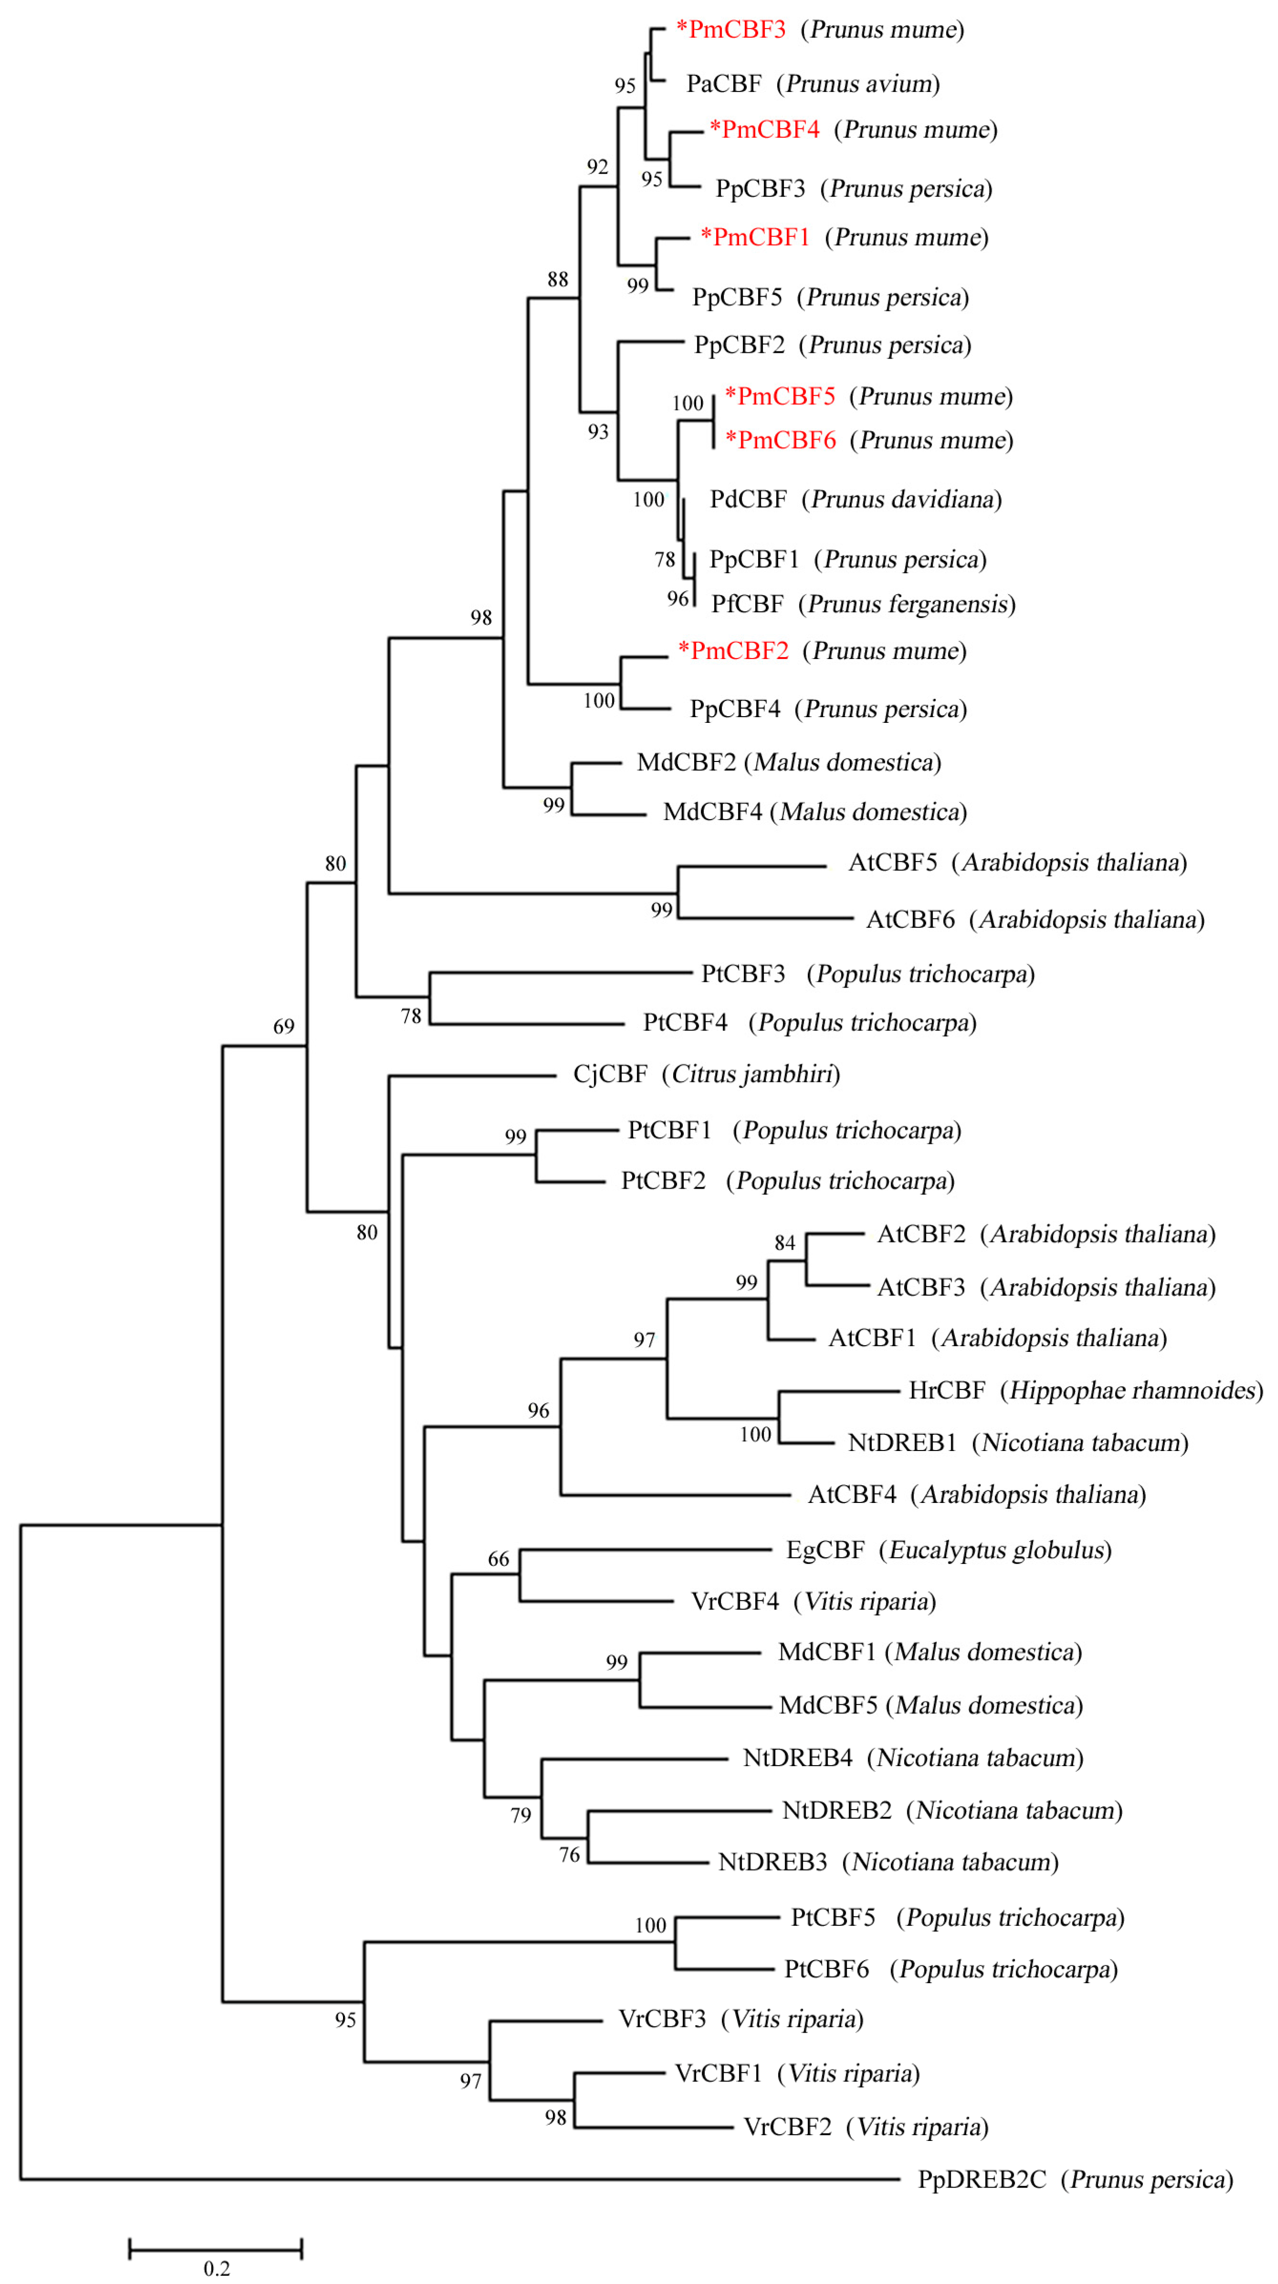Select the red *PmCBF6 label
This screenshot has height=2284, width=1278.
780,441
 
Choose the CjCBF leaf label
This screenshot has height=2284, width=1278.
610,1074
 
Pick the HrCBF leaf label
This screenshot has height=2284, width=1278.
946,1390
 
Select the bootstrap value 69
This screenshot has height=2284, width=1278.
284,1027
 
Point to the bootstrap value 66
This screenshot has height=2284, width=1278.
499,1559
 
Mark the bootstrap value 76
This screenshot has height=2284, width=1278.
570,1855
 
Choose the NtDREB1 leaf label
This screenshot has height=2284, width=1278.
902,1442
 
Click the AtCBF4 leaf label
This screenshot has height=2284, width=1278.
852,1495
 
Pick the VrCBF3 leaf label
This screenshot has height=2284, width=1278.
662,2019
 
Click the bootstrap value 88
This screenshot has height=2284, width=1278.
558,279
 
